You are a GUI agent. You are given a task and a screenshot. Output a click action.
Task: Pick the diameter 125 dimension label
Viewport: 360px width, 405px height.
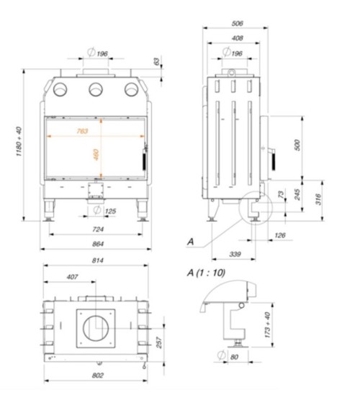click(106, 211)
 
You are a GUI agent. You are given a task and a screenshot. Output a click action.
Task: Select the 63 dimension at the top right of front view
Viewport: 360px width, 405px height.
click(157, 63)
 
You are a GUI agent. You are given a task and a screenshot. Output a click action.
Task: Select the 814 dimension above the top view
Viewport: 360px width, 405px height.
click(98, 262)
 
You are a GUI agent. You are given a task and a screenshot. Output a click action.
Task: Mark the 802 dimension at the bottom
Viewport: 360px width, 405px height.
click(98, 376)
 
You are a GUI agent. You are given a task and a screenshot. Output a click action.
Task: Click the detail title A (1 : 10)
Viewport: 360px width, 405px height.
click(205, 273)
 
